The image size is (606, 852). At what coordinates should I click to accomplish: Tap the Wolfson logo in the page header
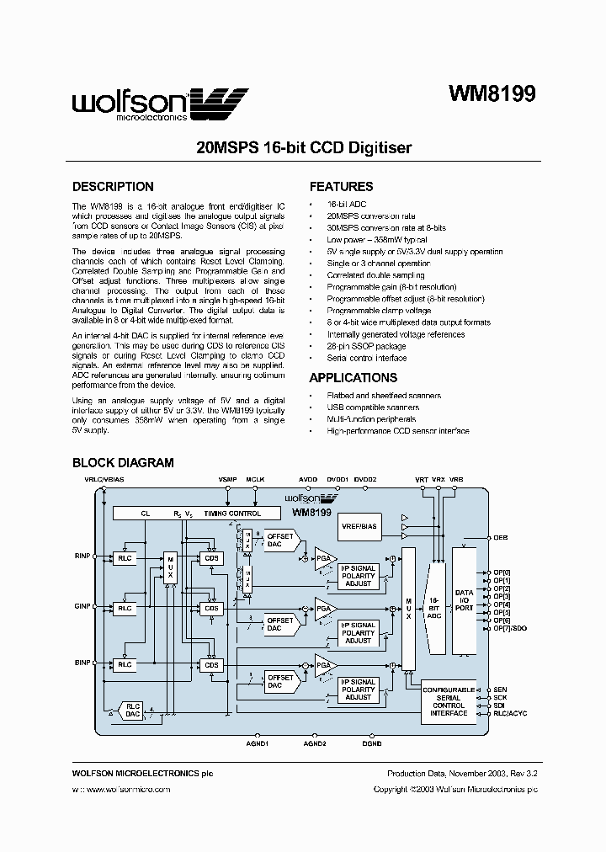(x=160, y=105)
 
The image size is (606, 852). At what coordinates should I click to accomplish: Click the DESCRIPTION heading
(x=113, y=187)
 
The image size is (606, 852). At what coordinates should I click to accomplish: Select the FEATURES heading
(x=341, y=187)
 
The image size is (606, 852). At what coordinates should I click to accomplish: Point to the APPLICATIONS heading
(x=353, y=378)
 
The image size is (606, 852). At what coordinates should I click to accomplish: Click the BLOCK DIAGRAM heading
(x=123, y=462)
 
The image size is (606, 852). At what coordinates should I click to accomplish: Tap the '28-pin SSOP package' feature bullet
(x=366, y=346)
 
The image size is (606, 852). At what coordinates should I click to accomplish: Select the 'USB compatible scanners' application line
(x=373, y=407)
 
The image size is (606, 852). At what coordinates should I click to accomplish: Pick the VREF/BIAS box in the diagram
(x=359, y=526)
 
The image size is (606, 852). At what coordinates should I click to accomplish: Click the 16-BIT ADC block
(x=435, y=599)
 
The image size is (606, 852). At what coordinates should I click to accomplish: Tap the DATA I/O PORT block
(x=464, y=599)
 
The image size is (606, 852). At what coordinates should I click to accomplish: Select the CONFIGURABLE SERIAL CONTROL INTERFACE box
(x=449, y=701)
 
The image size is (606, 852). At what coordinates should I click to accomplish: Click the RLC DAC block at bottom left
(x=133, y=710)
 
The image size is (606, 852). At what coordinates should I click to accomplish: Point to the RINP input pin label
(x=81, y=556)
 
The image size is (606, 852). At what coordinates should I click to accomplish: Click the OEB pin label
(x=501, y=537)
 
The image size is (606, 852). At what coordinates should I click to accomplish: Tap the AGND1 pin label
(x=257, y=743)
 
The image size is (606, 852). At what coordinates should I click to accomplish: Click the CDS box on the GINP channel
(x=211, y=608)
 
